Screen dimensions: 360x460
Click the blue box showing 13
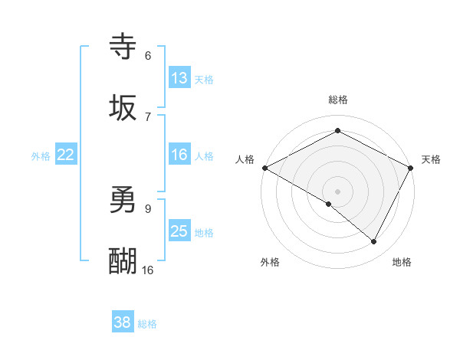(x=179, y=77)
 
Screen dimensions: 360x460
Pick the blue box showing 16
(x=179, y=155)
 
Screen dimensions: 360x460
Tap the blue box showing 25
(x=179, y=231)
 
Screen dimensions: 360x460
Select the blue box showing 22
(x=66, y=155)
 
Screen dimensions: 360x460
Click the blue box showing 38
(x=123, y=322)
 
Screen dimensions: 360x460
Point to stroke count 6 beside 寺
(x=148, y=56)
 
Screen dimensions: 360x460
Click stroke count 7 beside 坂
(x=148, y=116)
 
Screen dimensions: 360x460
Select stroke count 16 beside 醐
(x=148, y=270)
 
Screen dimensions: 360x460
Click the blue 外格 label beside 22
(x=41, y=155)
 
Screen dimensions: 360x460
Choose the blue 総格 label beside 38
(x=147, y=324)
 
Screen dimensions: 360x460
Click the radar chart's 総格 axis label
(x=337, y=100)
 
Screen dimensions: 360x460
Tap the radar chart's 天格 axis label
(x=431, y=159)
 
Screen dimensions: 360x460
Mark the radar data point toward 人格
(x=264, y=167)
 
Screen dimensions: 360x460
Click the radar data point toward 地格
(x=374, y=242)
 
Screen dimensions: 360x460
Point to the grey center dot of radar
(x=337, y=191)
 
